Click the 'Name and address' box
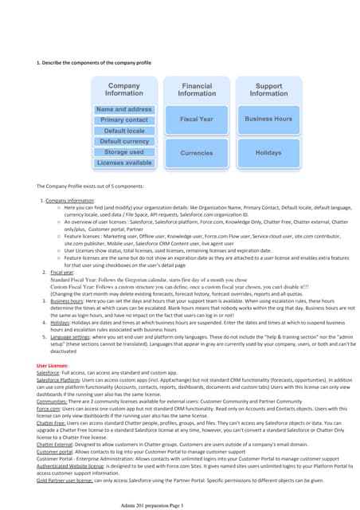coord(124,109)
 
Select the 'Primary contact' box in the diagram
coord(124,120)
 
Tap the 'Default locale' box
coord(124,131)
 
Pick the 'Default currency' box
coord(124,141)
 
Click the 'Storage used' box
coord(124,152)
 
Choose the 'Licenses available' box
coord(124,163)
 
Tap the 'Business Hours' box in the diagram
coord(268,119)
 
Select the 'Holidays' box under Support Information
coord(268,152)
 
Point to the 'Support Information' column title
coord(268,89)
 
